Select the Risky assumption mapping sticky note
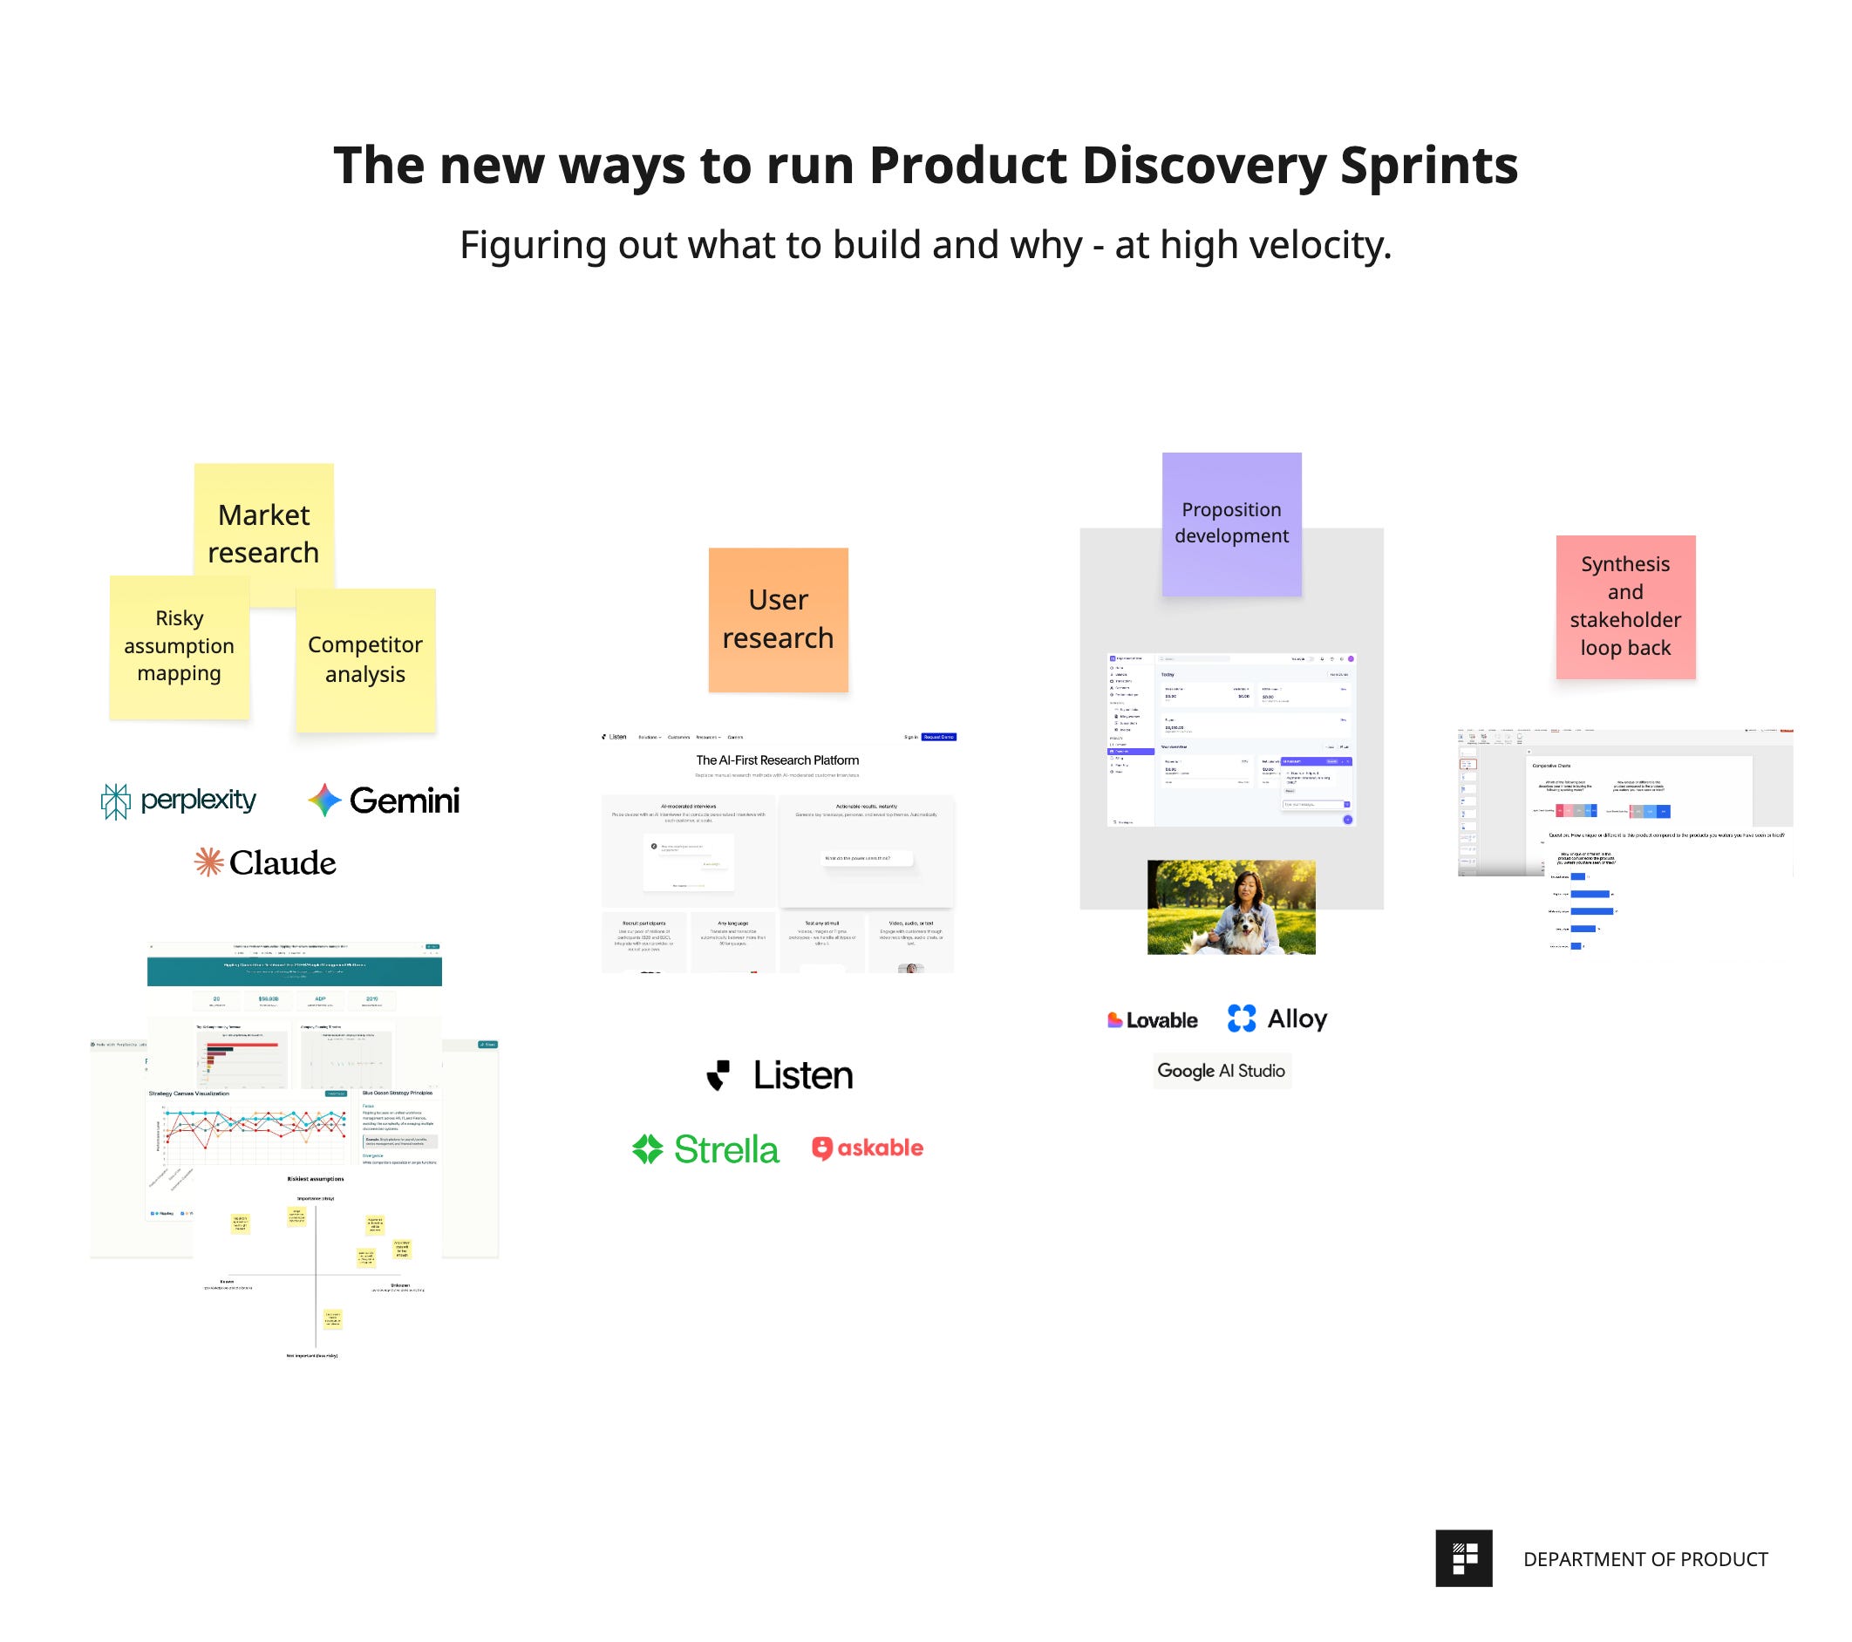tap(179, 646)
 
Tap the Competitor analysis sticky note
tap(365, 660)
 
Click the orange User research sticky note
tap(778, 619)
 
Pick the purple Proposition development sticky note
tap(1230, 523)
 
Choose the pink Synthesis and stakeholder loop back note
tap(1624, 605)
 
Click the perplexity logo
tap(179, 801)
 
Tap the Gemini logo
tap(385, 801)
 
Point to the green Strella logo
tap(705, 1149)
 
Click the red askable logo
tap(867, 1148)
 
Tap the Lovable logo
tap(1152, 1020)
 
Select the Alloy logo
tap(1277, 1019)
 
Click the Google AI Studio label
tap(1221, 1070)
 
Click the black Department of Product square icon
tap(1463, 1558)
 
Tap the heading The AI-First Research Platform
tap(778, 760)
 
